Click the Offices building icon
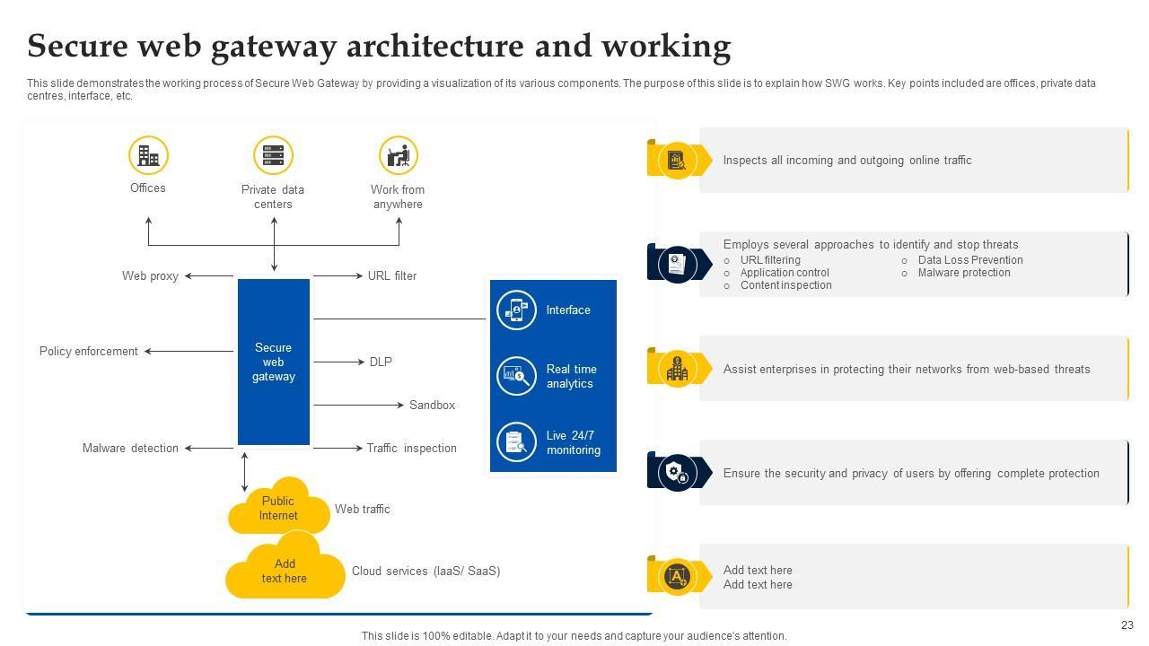(x=148, y=155)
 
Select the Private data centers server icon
(x=273, y=155)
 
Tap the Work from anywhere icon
(x=398, y=155)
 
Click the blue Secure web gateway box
(x=273, y=362)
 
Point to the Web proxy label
(x=150, y=276)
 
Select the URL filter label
(x=392, y=276)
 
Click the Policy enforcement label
(x=88, y=352)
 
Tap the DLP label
(x=381, y=362)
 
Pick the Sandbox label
(x=432, y=406)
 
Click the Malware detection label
(x=130, y=449)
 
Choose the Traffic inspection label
(x=411, y=449)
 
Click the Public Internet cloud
(x=277, y=508)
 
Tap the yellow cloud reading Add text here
(x=285, y=571)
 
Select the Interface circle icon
(x=516, y=310)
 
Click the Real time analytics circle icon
(x=516, y=375)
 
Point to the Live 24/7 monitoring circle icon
(x=516, y=441)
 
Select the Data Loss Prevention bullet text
(x=970, y=260)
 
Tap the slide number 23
(x=1127, y=625)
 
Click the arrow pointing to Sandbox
(x=359, y=406)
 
